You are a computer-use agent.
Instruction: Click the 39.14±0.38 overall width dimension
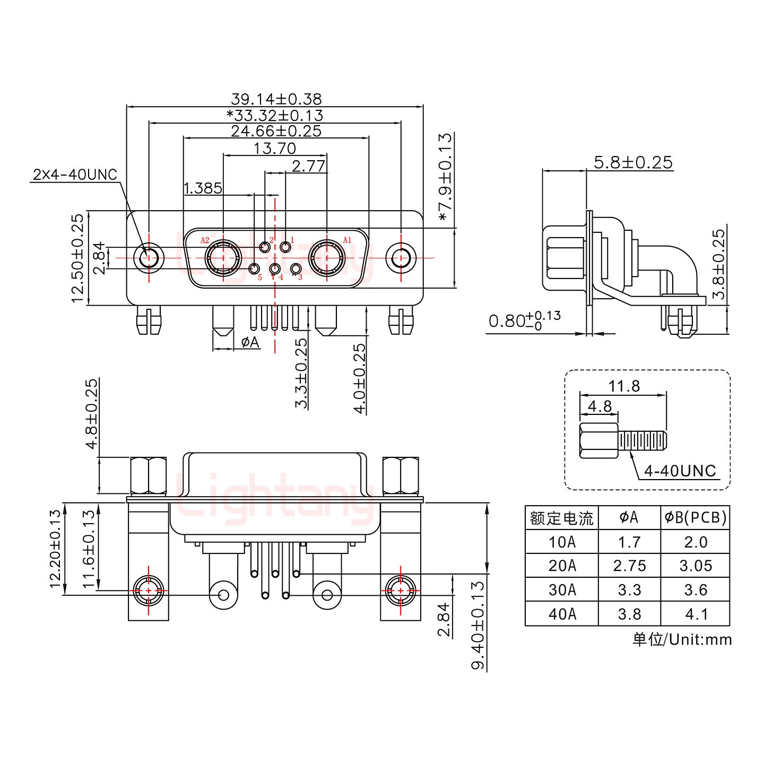pos(276,99)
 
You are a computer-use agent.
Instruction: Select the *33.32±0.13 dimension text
pos(275,115)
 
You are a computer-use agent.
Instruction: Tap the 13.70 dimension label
pos(274,148)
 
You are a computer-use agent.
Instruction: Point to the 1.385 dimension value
pos(203,188)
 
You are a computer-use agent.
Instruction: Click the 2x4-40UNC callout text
pos(75,175)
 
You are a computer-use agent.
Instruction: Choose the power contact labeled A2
pos(223,258)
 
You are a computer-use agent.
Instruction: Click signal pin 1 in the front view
pos(285,247)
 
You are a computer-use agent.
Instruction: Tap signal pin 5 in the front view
pos(254,269)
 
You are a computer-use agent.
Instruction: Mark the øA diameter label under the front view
pos(250,342)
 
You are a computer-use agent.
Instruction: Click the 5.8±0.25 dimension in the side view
pos(633,162)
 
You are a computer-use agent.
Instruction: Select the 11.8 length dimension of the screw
pos(624,386)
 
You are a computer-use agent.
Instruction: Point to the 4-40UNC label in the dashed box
pos(680,471)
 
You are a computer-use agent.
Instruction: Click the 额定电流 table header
pos(561,517)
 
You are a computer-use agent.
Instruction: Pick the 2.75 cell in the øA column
pos(629,566)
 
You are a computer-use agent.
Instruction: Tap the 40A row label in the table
pos(561,614)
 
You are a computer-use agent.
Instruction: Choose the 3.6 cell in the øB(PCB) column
pos(696,590)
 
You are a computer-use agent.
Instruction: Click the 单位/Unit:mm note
pos(682,639)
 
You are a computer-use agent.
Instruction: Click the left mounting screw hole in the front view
pos(149,258)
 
